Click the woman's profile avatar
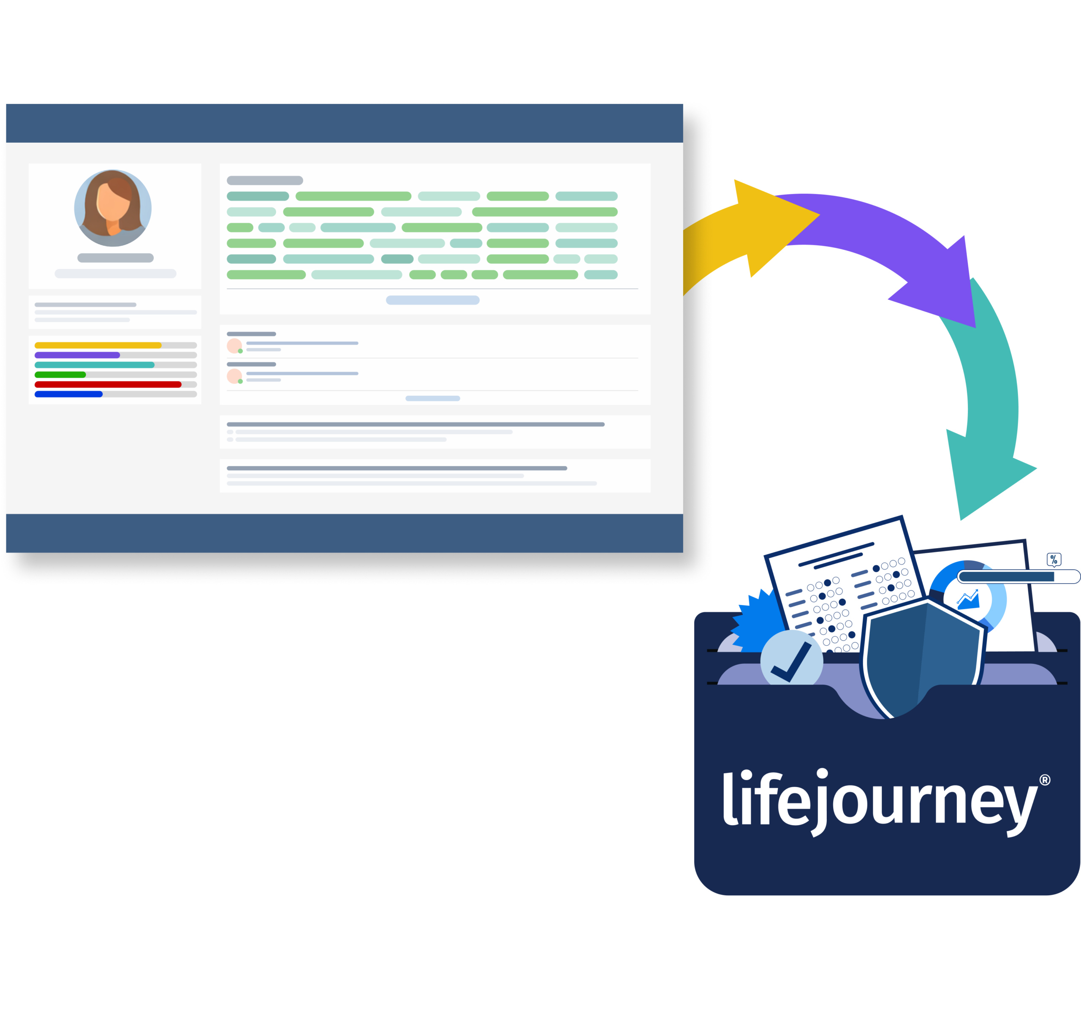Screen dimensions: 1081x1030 [113, 208]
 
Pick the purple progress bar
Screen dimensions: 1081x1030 [77, 355]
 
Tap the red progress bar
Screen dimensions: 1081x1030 [108, 384]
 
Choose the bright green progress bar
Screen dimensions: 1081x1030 [60, 375]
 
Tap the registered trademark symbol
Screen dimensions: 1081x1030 [1045, 780]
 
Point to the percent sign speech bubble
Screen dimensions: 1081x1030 [1054, 560]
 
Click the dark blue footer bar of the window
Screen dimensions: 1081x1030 [344, 533]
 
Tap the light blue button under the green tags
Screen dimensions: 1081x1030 [433, 300]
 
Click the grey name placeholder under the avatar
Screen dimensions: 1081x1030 [115, 258]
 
